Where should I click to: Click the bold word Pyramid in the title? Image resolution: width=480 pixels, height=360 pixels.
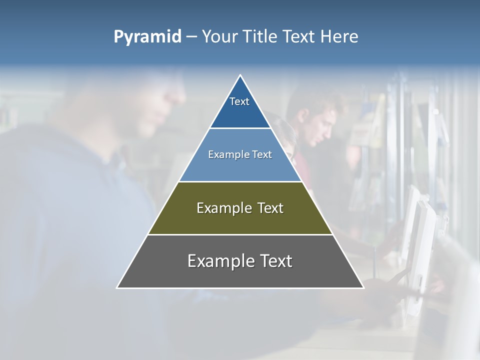pos(147,37)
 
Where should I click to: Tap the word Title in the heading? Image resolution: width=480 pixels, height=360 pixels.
pos(260,37)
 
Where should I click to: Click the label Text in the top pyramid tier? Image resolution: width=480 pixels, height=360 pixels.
pos(239,101)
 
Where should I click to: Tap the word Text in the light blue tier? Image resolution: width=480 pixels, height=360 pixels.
pos(262,154)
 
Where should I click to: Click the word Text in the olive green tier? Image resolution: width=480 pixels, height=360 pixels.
pos(270,208)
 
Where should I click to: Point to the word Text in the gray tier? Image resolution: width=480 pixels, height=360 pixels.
pos(275,261)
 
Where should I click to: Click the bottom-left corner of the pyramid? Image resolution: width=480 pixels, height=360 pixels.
pos(117,287)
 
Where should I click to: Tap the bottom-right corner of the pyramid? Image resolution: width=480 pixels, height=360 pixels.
pos(363,287)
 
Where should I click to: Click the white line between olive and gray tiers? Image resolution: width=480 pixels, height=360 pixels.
pos(240,234)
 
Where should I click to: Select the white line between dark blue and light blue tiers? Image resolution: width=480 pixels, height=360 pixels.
pos(240,128)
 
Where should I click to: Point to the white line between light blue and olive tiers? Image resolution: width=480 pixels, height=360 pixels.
pos(240,181)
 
